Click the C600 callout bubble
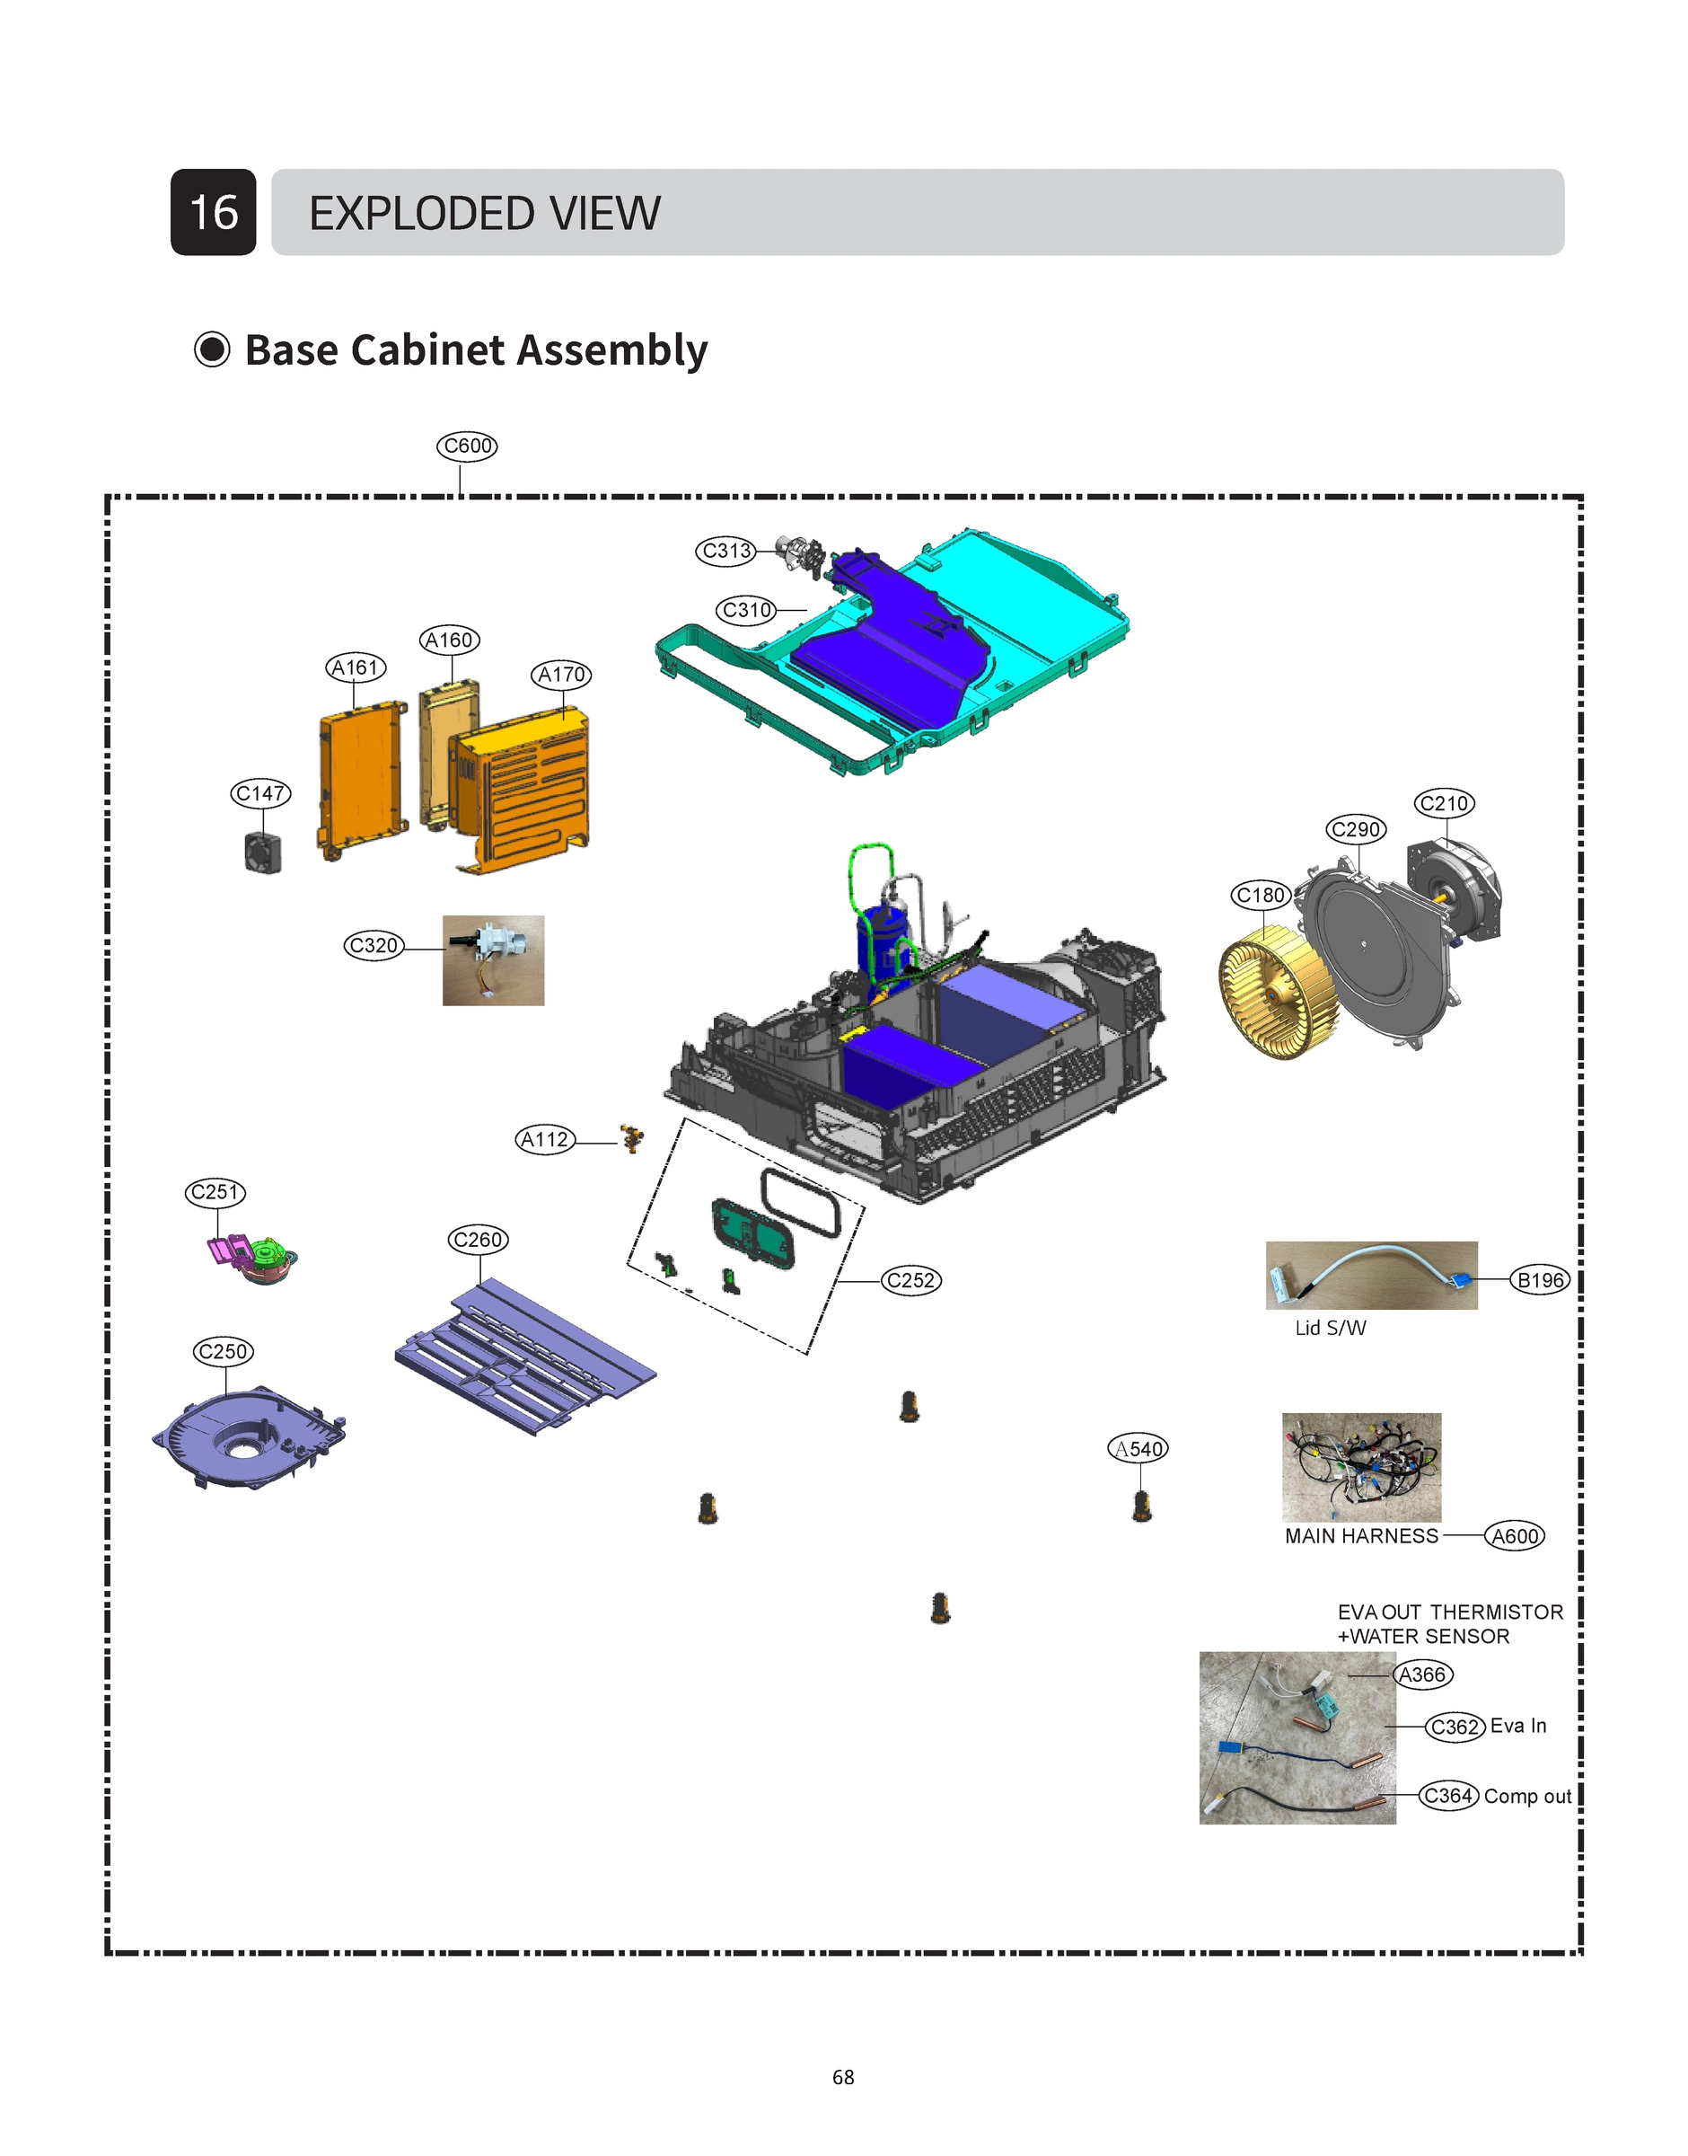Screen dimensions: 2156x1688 [467, 446]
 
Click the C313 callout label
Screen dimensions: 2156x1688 [726, 551]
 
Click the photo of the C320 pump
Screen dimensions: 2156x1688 [493, 960]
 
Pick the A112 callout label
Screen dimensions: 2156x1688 [544, 1140]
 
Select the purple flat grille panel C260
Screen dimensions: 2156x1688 [523, 1356]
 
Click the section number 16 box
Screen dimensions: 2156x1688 [214, 213]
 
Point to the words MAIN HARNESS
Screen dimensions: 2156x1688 [1361, 1536]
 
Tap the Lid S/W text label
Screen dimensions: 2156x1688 [1331, 1329]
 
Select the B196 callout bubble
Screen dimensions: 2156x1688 [1540, 1280]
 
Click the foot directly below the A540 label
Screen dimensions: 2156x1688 [1142, 1506]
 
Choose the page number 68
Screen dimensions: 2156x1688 [843, 2077]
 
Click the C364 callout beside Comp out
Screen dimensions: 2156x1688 [1448, 1795]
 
